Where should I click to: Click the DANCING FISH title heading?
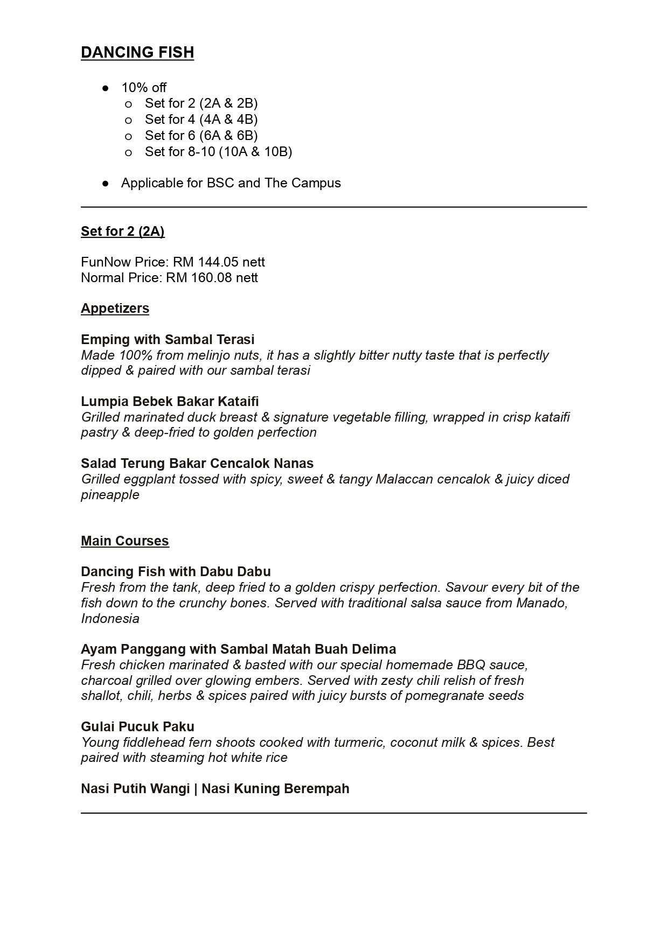(x=137, y=52)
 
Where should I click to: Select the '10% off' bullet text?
(x=144, y=87)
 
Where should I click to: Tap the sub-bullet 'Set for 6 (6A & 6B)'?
(x=201, y=135)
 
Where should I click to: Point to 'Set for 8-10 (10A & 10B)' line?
(x=218, y=151)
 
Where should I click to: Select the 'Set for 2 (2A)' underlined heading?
(x=122, y=231)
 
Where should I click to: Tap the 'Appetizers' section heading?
(x=115, y=308)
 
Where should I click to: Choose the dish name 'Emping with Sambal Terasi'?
(x=168, y=339)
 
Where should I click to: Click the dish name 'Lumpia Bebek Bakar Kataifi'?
(x=170, y=401)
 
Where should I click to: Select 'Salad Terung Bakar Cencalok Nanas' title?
(x=197, y=463)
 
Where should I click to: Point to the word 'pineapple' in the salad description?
(x=110, y=495)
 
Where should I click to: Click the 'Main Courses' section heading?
(x=124, y=541)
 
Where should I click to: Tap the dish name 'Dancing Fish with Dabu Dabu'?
(x=176, y=571)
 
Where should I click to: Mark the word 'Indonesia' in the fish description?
(x=110, y=619)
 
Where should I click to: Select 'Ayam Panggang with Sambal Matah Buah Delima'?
(x=238, y=649)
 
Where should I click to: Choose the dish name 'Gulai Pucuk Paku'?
(x=137, y=726)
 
